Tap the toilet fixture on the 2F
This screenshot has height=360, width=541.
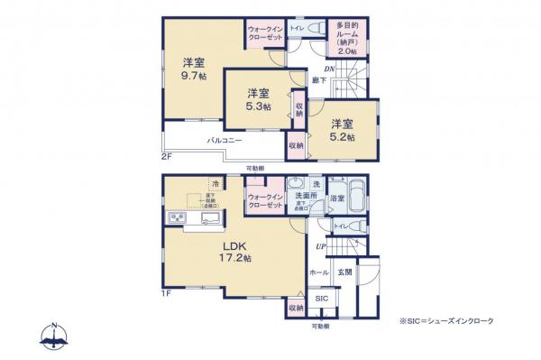pos(315,31)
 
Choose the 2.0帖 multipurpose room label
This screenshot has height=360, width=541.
pos(349,52)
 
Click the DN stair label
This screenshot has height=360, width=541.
pos(330,68)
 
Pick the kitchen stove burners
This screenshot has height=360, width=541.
pos(175,219)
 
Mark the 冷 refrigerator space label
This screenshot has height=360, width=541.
pos(216,183)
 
